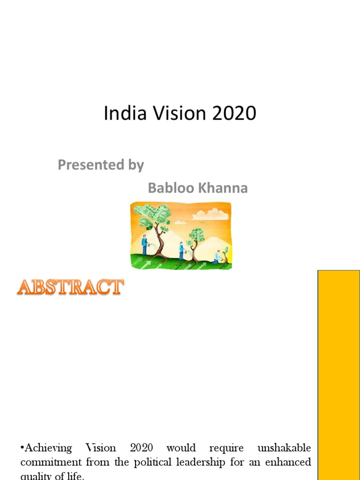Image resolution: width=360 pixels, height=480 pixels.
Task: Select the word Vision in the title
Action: pos(172,114)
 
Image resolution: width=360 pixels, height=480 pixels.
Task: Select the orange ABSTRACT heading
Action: pos(70,287)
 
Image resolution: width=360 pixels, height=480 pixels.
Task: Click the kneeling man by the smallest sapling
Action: pos(217,257)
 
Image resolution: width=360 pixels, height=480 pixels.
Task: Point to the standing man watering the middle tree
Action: pos(181,251)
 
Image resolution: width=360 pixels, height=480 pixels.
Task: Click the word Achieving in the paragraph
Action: pos(46,448)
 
